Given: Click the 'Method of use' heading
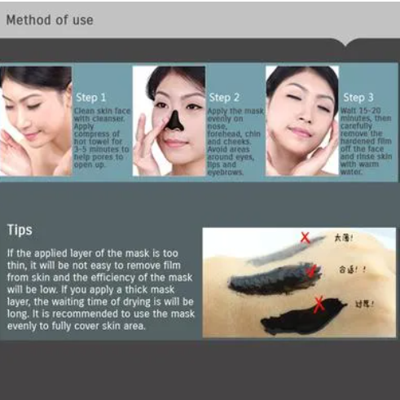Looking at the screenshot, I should coord(49,20).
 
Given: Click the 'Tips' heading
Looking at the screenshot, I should coord(20,231).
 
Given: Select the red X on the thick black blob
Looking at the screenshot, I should coord(319,305).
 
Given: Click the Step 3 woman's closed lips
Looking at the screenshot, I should coord(299,134).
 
